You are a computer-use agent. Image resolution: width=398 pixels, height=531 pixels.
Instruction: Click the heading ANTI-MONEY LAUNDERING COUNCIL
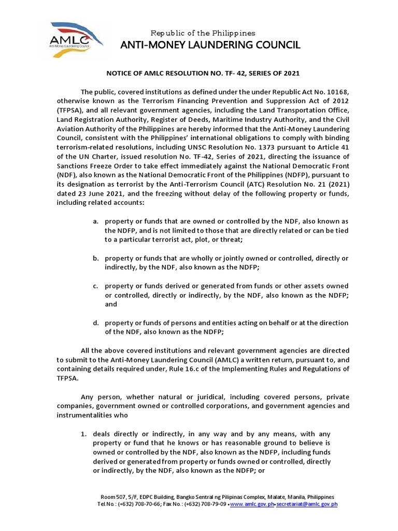coord(210,45)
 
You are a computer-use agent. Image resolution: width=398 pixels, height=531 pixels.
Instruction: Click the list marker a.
coord(95,221)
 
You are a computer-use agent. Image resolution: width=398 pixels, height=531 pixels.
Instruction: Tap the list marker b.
coord(95,258)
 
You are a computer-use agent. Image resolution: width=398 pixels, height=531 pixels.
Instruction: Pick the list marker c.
coord(95,286)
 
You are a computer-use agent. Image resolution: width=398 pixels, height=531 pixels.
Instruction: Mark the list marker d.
coord(95,323)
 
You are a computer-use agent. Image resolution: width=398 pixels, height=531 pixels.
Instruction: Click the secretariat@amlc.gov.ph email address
coord(307,504)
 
